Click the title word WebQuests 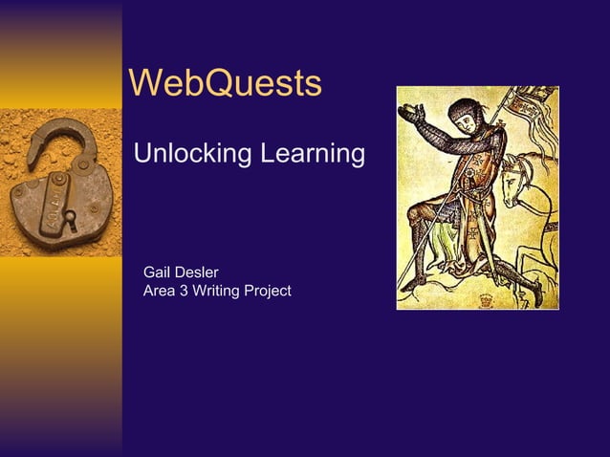coord(225,84)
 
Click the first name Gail coord(158,273)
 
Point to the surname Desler coord(198,273)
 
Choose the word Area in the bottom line coord(159,291)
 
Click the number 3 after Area coord(184,291)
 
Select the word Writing coord(216,291)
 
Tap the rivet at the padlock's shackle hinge coord(82,165)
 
